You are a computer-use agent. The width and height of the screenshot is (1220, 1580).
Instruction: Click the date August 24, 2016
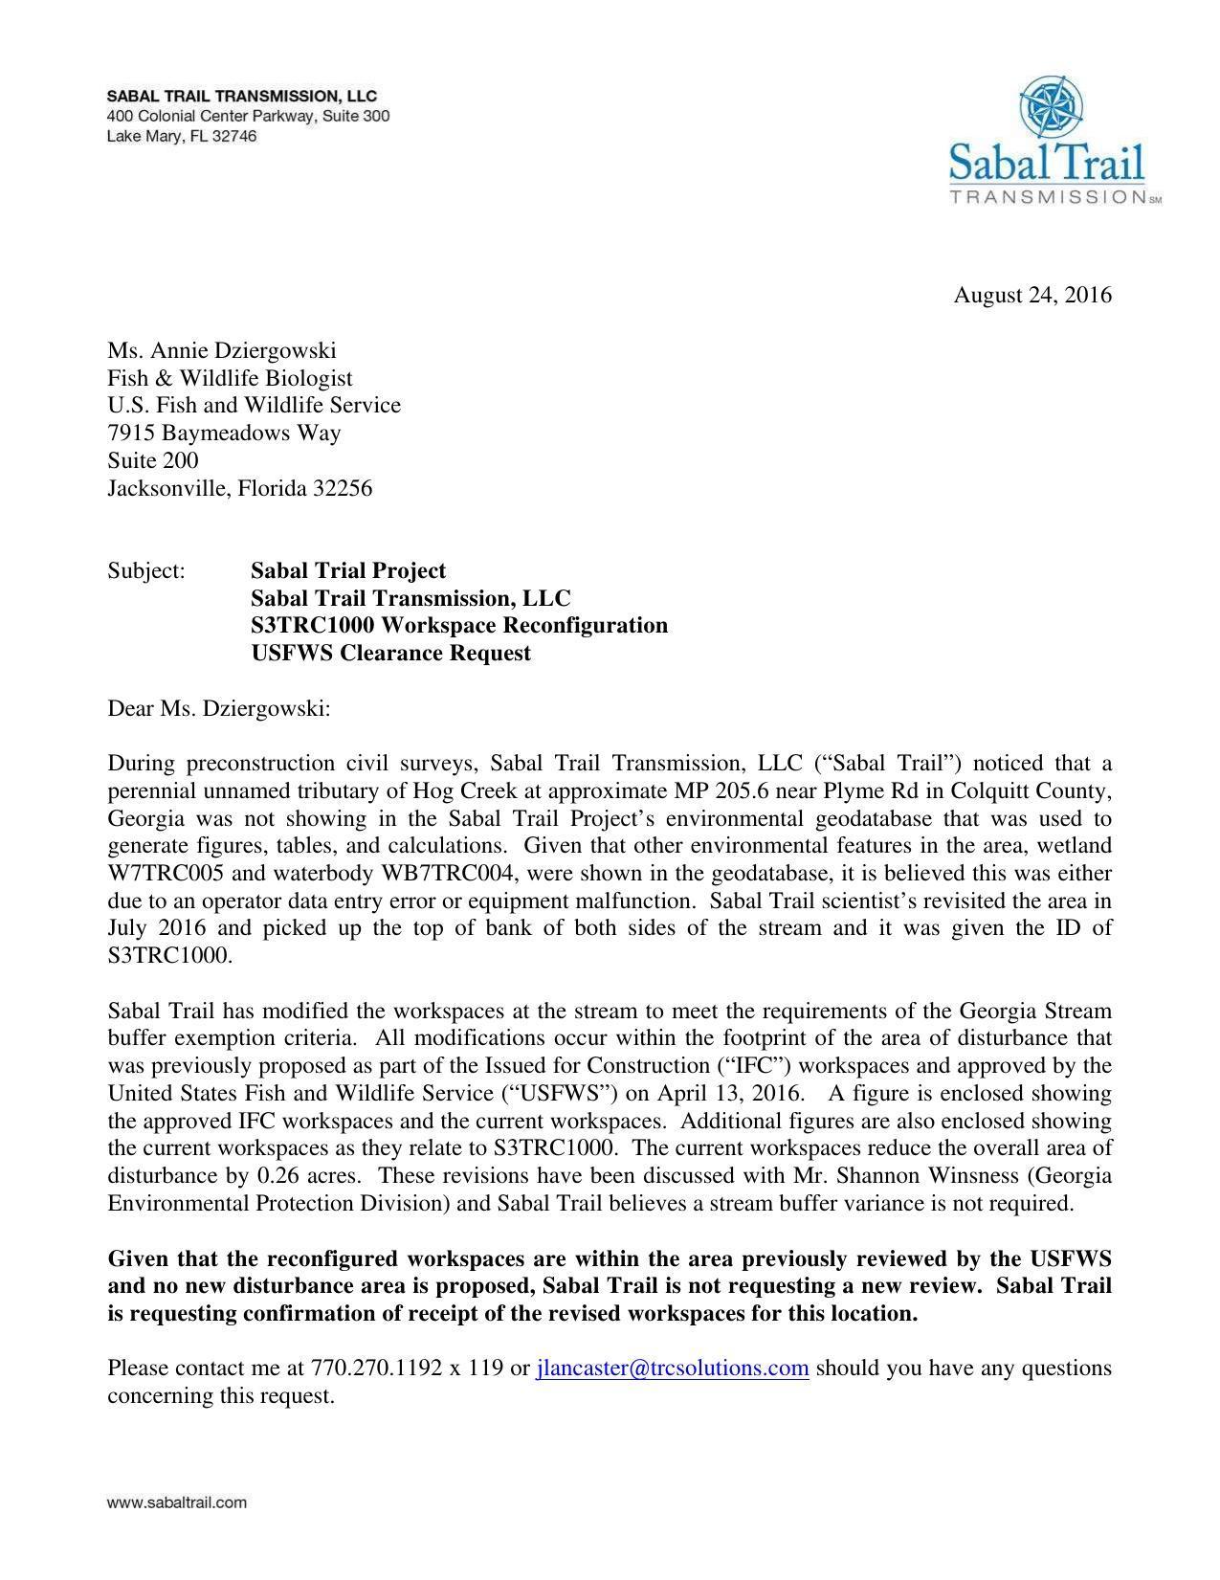click(x=1031, y=295)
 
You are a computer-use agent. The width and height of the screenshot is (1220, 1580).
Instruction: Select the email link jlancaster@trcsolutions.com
click(x=673, y=1369)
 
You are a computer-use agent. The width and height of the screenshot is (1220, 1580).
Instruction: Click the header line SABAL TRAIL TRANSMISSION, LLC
click(x=241, y=97)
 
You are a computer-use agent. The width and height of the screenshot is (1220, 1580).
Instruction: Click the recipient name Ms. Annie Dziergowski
click(x=222, y=350)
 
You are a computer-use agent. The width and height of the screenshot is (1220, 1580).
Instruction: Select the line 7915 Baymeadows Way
click(x=224, y=434)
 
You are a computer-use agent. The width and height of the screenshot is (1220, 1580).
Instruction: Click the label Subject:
click(x=145, y=571)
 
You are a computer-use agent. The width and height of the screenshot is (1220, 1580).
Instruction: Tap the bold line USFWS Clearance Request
click(x=390, y=654)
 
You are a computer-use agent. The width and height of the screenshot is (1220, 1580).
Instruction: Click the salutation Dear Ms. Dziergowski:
click(x=218, y=709)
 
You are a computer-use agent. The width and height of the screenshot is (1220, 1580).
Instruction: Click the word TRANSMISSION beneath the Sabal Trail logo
click(x=1049, y=197)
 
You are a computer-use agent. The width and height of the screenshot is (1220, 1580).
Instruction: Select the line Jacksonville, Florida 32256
click(x=239, y=489)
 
